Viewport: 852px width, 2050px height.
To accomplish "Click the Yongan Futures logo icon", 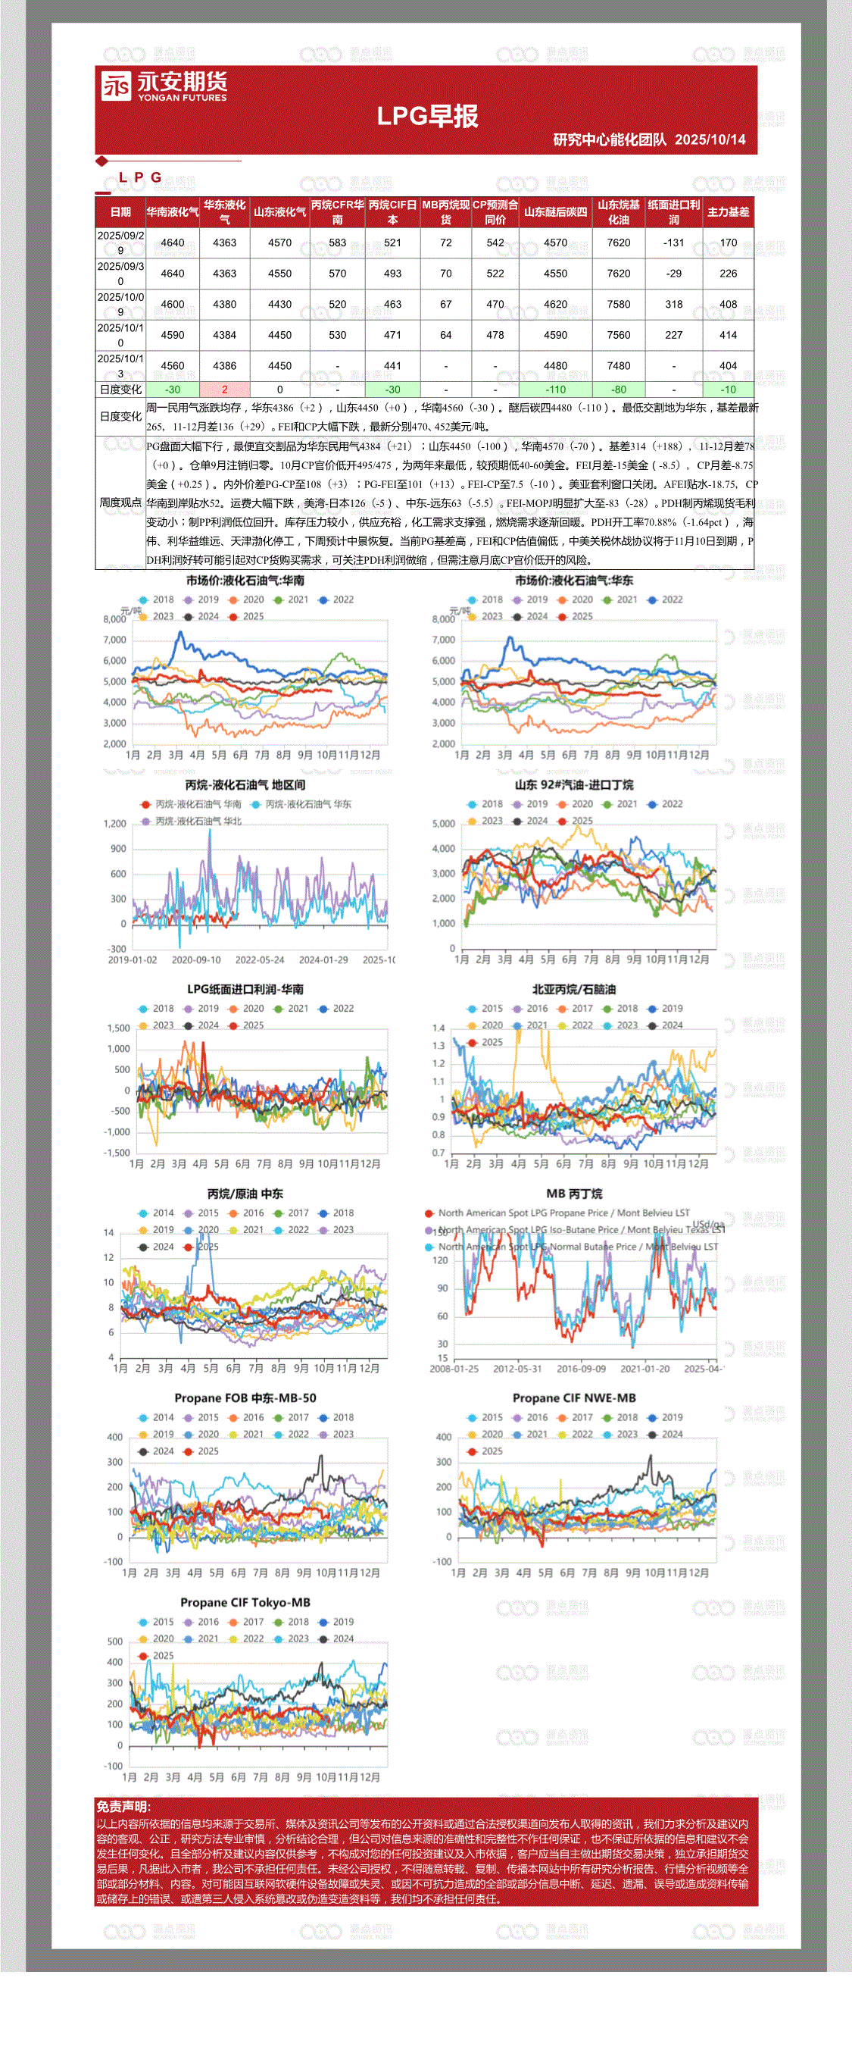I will [x=116, y=86].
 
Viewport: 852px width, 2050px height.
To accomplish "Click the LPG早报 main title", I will [x=427, y=116].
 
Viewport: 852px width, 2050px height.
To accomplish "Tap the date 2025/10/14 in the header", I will [x=710, y=140].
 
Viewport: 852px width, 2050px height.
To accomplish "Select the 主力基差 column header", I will [x=728, y=211].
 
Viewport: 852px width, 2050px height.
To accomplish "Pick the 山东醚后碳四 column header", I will [x=555, y=211].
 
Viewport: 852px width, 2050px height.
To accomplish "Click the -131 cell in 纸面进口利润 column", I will [x=673, y=243].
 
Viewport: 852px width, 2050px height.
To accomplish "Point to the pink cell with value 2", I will [x=224, y=389].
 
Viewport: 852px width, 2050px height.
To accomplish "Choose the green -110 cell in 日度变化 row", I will [x=555, y=389].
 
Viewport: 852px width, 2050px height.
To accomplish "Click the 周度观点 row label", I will [x=120, y=502].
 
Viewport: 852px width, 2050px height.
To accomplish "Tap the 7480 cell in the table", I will [x=618, y=366].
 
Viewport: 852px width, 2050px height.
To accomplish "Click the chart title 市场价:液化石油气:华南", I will [x=245, y=581].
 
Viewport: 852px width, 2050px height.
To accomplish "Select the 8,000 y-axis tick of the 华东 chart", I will [x=443, y=619].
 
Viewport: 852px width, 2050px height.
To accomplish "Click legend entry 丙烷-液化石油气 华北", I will [x=198, y=822].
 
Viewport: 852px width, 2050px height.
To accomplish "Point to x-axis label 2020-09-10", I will [x=195, y=959].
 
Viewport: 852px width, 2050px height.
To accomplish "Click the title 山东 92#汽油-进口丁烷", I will [x=573, y=785].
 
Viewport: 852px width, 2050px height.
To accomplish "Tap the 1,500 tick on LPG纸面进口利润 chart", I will [x=117, y=1028].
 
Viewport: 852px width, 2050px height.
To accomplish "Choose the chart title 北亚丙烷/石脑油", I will [x=573, y=990].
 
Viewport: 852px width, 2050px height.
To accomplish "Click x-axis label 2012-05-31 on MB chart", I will [x=517, y=1369].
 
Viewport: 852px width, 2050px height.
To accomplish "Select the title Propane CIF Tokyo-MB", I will [x=245, y=1603].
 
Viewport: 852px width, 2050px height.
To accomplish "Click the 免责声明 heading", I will [x=123, y=1807].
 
